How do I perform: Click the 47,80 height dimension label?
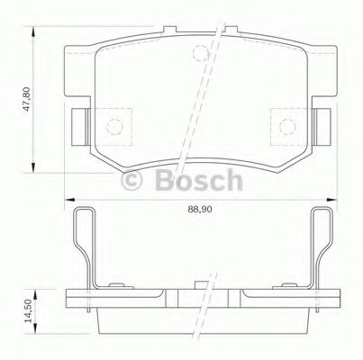(28, 94)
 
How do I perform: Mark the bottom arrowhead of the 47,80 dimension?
(35, 169)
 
